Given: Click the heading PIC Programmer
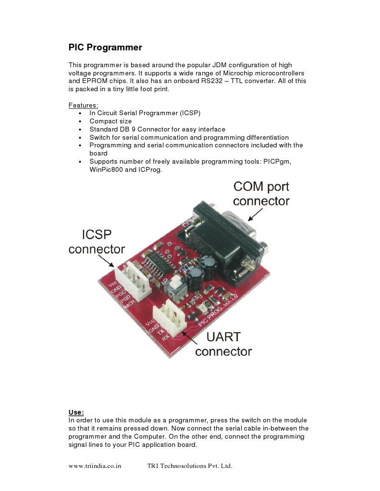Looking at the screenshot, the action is (x=105, y=48).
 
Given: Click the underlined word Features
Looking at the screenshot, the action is (x=83, y=105).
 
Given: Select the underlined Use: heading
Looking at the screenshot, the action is (x=76, y=412).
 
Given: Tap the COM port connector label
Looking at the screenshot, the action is (x=261, y=193).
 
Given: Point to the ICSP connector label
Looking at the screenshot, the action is (x=97, y=242).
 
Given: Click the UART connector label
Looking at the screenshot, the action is (x=223, y=344).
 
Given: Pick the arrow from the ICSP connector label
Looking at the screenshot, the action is (x=107, y=261).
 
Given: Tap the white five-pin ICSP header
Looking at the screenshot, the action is (x=132, y=281).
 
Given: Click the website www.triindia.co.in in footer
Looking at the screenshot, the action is (x=95, y=466).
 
